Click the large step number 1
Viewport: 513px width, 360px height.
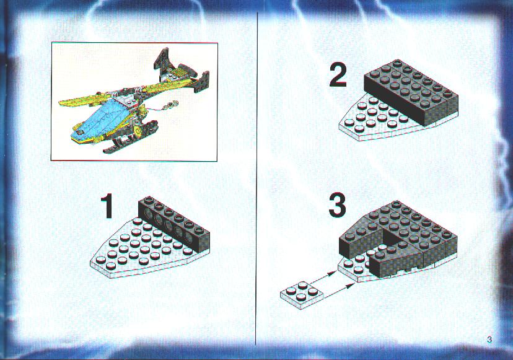107,206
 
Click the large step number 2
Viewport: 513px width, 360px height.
338,76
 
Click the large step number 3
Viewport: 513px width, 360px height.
337,205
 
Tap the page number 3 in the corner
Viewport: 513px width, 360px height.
489,340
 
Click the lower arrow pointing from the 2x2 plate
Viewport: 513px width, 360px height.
340,290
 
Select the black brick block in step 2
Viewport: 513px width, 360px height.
411,92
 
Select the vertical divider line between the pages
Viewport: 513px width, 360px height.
257,178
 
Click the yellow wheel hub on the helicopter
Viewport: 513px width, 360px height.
138,131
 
